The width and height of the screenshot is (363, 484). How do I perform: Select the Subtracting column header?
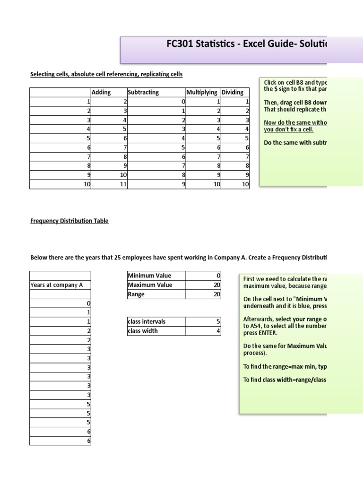[x=143, y=92]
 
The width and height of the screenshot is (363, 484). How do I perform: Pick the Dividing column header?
[x=232, y=92]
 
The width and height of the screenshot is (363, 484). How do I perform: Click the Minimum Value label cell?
[x=149, y=276]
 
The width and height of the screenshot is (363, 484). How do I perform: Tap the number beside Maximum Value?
[x=217, y=285]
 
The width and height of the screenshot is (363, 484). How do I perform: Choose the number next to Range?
[x=217, y=294]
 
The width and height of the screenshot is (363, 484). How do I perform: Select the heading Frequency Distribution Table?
[x=69, y=221]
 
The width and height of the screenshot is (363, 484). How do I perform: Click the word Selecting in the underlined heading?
[x=43, y=74]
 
